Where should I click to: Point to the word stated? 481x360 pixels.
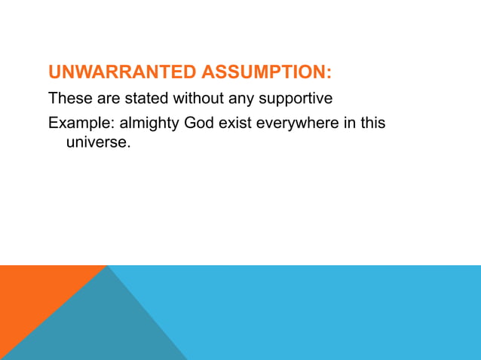147,99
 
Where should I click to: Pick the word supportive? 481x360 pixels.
296,99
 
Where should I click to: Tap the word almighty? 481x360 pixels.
149,122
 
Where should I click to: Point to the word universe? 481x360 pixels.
97,141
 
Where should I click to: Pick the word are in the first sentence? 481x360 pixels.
108,99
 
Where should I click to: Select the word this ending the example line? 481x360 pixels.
372,122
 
